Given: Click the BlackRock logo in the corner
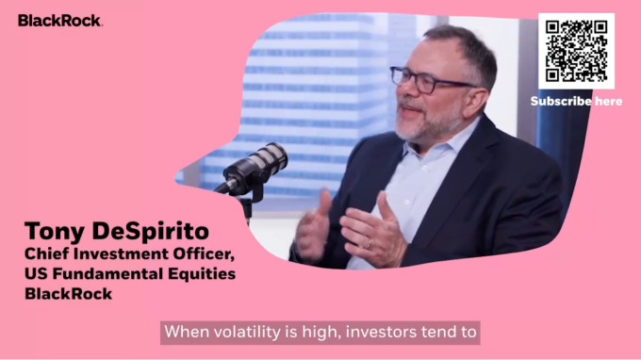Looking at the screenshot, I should [59, 20].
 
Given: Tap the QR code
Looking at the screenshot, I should [576, 52].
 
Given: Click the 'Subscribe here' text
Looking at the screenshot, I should [576, 101].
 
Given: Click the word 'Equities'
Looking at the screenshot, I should [196, 274].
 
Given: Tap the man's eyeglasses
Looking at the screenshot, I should [428, 80].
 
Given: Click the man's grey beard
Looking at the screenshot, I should [429, 123].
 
